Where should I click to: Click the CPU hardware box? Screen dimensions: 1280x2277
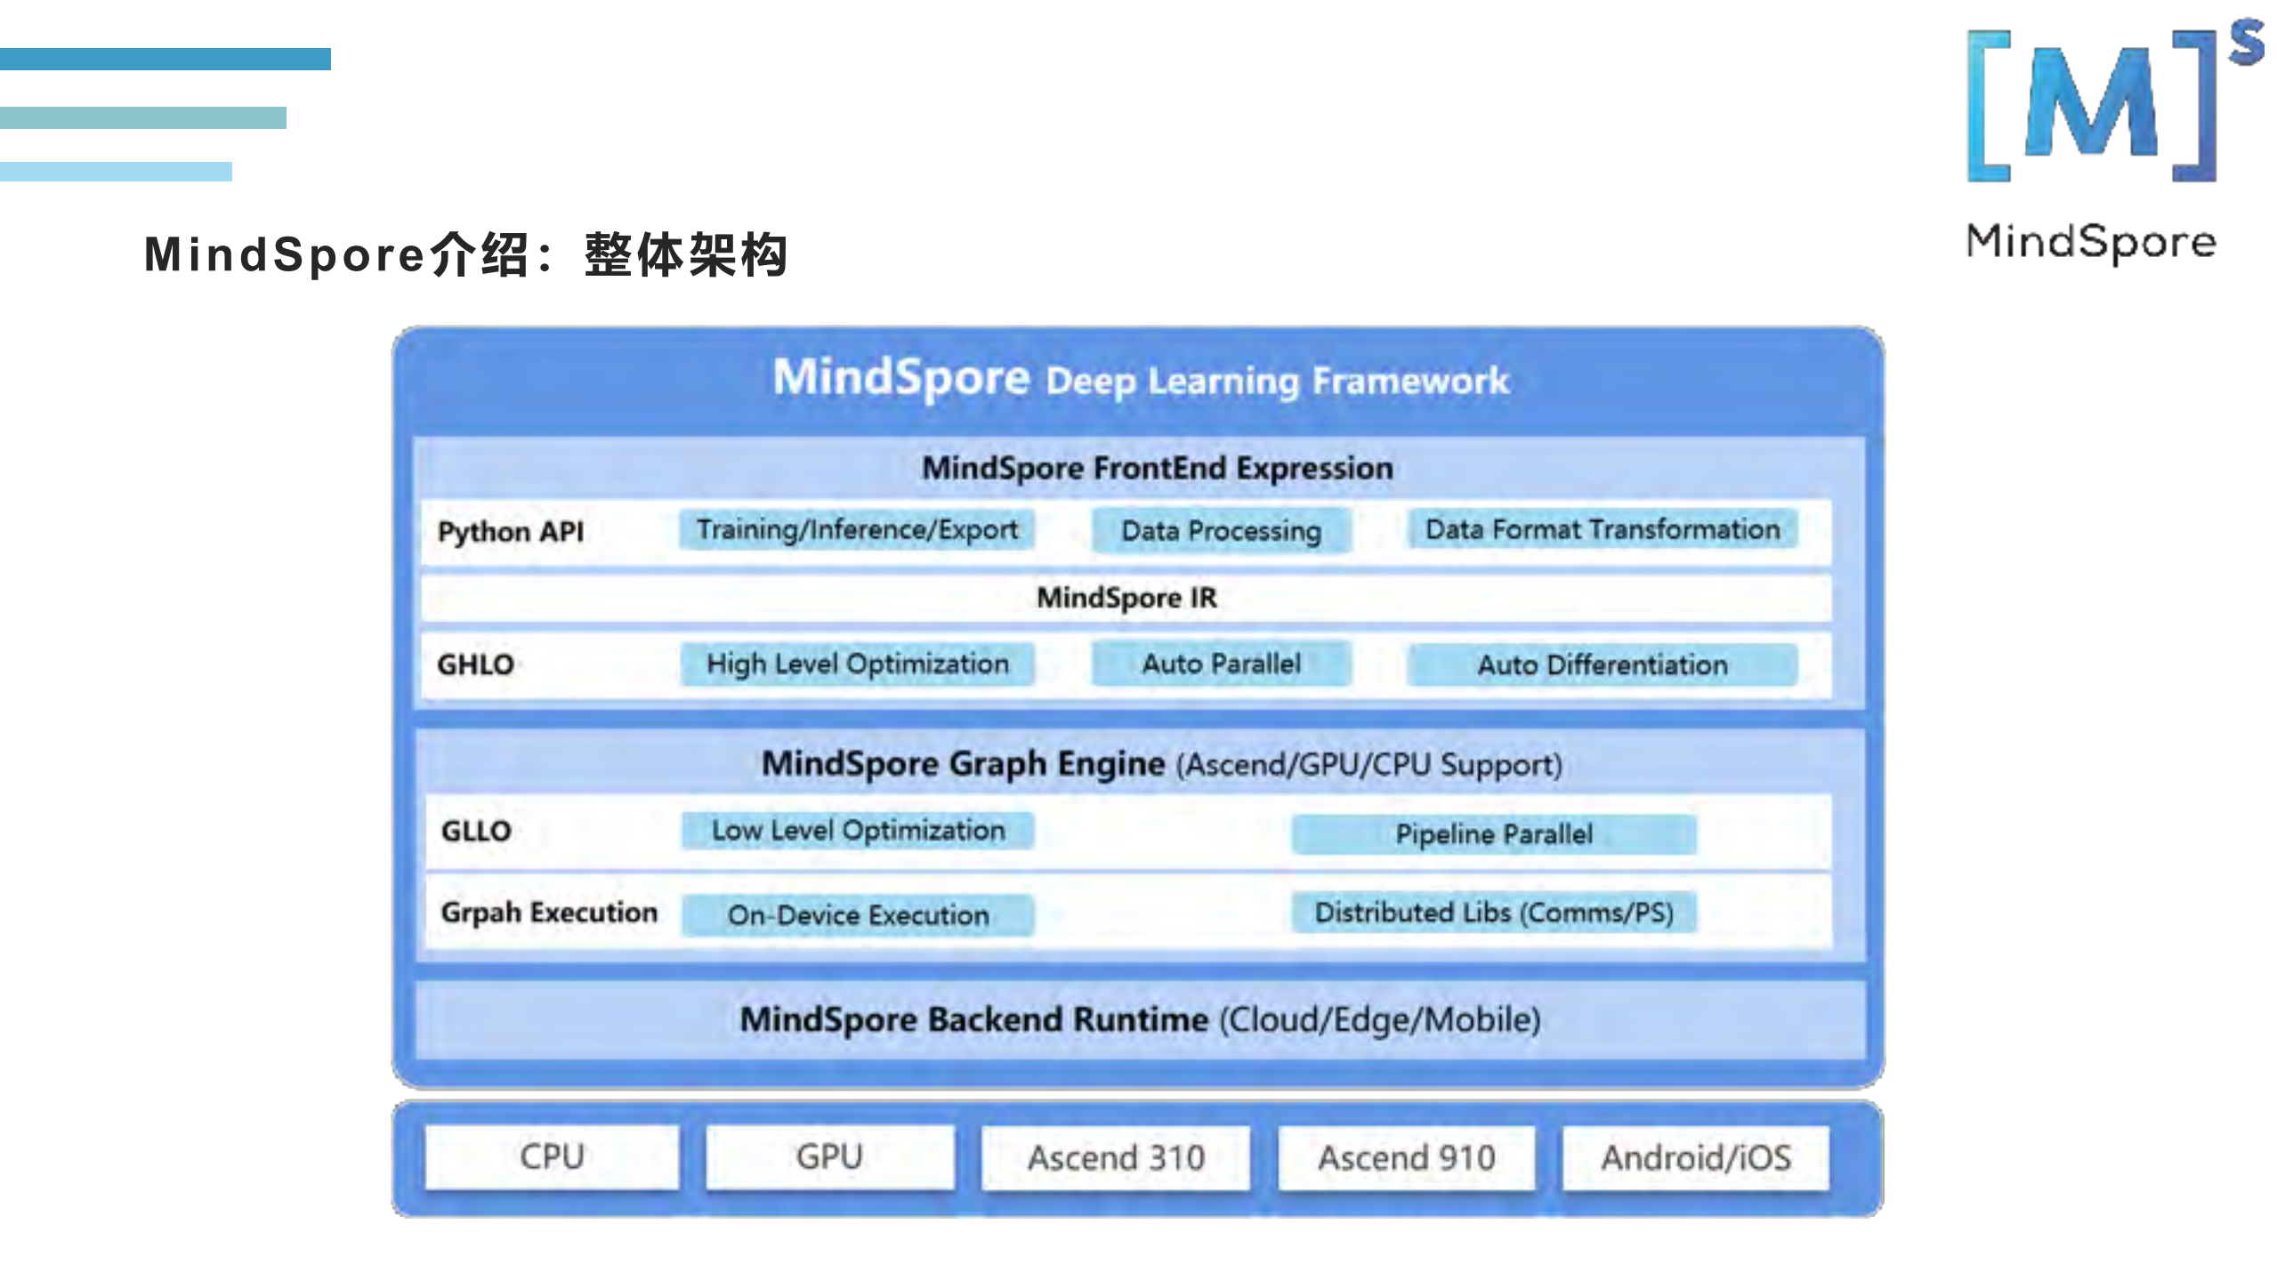(552, 1156)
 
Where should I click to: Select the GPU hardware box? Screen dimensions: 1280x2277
(829, 1156)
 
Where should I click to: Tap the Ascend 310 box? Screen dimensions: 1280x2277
(1116, 1157)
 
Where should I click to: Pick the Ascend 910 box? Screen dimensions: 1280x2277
(1406, 1157)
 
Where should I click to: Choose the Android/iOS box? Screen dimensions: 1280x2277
(1696, 1157)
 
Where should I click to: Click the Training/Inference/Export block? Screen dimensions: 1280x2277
(857, 530)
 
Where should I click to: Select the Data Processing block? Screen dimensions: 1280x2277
(1221, 531)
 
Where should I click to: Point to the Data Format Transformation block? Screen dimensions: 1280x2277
(1603, 529)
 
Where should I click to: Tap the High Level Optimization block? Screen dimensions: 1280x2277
(857, 664)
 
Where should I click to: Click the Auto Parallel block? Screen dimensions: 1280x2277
(1221, 664)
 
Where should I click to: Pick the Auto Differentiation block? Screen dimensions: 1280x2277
(1603, 665)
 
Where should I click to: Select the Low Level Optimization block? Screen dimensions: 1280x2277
(857, 830)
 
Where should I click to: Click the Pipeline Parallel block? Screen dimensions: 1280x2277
(1493, 834)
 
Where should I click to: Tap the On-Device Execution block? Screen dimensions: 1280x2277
(857, 914)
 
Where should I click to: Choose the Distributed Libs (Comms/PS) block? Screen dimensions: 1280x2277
(1493, 913)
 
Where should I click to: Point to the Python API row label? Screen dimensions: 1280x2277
(511, 532)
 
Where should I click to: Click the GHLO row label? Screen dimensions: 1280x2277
(475, 664)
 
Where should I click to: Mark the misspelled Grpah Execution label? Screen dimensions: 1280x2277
(549, 913)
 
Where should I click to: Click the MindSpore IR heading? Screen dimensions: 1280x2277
(1126, 598)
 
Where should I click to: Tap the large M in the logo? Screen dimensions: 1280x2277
(2091, 105)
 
